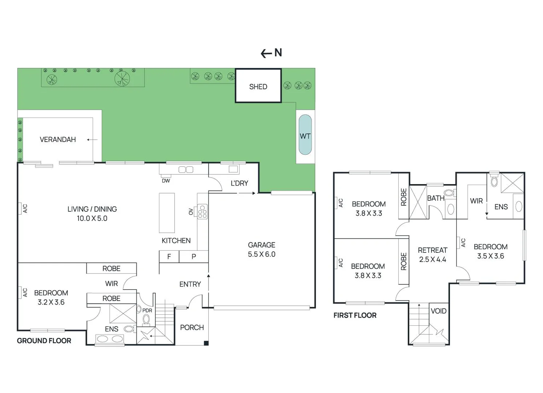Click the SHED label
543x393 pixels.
click(258, 87)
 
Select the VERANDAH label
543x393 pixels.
click(58, 139)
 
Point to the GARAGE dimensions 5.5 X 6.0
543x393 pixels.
click(261, 254)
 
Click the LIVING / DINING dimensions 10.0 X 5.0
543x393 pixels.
click(92, 218)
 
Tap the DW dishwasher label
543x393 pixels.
click(166, 181)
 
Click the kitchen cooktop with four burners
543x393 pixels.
click(202, 211)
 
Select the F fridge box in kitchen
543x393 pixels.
click(169, 257)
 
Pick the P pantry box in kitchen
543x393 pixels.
click(194, 257)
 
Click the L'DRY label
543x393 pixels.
click(239, 183)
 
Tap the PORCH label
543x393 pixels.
click(192, 327)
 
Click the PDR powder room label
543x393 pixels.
click(147, 310)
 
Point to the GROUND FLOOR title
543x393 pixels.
click(44, 341)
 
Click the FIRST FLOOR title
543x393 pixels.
click(355, 315)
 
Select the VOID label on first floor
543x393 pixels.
click(438, 311)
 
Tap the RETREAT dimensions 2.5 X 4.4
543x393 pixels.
click(432, 259)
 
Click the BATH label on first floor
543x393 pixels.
click(435, 198)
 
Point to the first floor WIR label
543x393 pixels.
click(476, 201)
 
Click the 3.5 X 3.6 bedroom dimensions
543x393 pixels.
click(490, 256)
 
